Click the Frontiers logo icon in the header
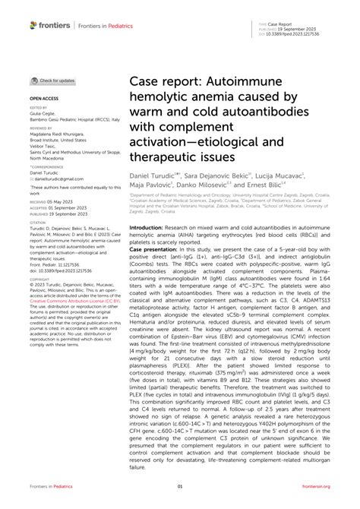pyautogui.click(x=33, y=25)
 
